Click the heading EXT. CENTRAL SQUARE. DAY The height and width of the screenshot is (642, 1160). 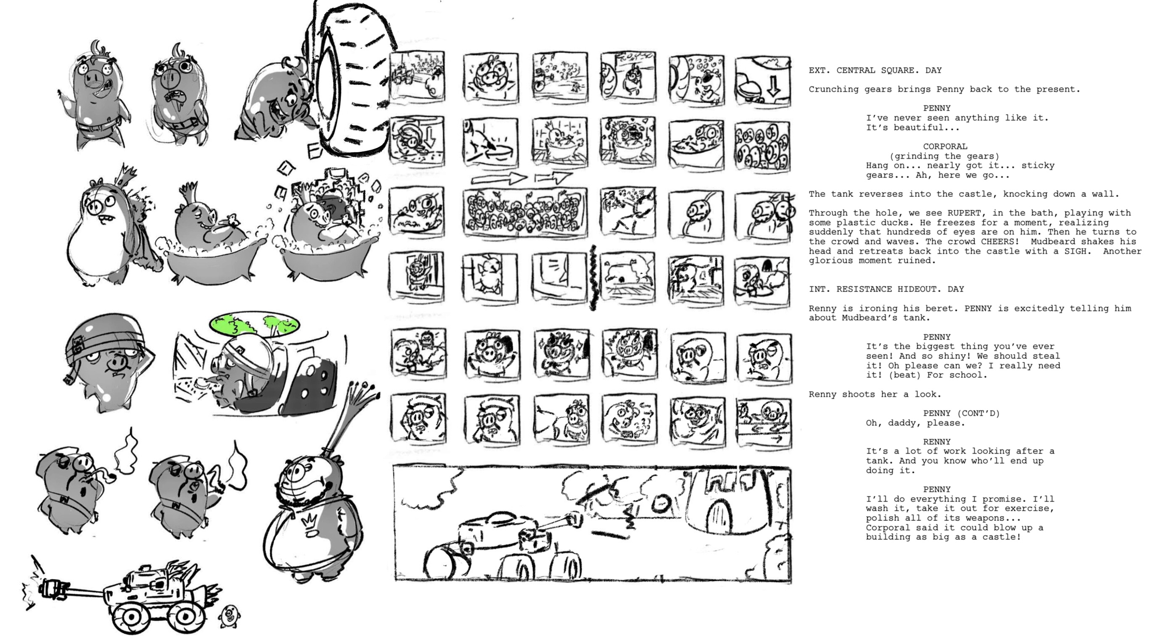[x=875, y=70]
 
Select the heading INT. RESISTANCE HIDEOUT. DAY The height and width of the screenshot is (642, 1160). [x=886, y=289]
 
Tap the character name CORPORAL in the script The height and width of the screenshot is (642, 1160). [x=945, y=146]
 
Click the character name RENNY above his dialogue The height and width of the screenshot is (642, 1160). [x=936, y=441]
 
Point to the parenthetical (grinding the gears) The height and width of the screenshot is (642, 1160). [x=944, y=156]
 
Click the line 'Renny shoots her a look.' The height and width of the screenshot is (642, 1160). [x=875, y=394]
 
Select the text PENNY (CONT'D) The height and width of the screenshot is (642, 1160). [x=961, y=413]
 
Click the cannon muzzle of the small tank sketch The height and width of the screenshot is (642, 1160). [x=48, y=588]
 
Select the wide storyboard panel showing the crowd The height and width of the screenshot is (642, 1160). [x=524, y=213]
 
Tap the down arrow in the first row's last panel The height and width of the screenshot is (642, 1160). [x=773, y=88]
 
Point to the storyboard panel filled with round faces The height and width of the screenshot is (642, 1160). [x=762, y=147]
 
